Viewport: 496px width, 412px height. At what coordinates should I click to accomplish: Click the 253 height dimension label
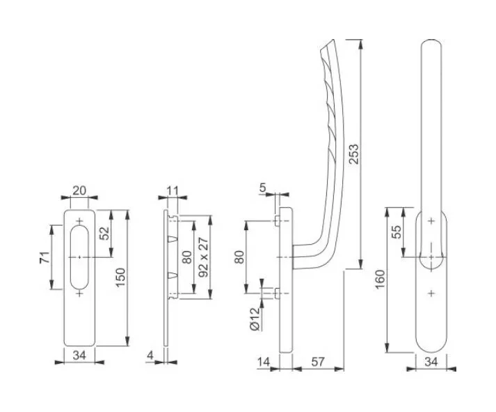(353, 154)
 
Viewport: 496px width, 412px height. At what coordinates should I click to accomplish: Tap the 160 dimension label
(380, 279)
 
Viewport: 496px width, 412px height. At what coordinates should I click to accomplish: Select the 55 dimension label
(396, 231)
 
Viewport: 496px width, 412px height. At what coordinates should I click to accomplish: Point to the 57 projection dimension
(318, 362)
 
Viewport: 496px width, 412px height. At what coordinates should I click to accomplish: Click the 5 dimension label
(262, 188)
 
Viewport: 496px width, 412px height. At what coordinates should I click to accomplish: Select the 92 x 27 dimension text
(203, 257)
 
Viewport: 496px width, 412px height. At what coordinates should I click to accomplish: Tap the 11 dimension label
(172, 191)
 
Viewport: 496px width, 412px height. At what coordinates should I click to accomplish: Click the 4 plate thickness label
(150, 356)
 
